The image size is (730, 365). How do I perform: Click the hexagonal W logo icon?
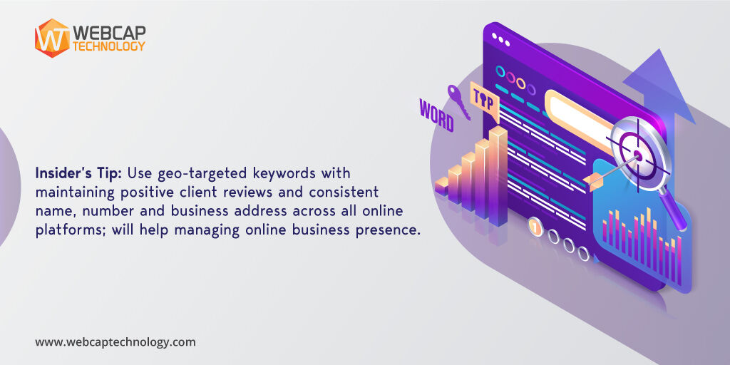tap(52, 37)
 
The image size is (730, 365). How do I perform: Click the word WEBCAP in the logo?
tap(108, 32)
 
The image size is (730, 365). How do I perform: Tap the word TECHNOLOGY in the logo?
tap(108, 46)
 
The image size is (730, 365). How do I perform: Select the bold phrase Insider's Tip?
tap(79, 173)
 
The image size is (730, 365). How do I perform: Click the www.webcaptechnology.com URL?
tap(115, 342)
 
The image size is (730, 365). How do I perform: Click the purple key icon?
tap(456, 100)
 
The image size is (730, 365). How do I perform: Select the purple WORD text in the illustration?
tap(436, 116)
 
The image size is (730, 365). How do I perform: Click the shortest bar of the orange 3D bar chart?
tap(442, 187)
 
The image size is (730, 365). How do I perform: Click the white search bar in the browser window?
tap(581, 114)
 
